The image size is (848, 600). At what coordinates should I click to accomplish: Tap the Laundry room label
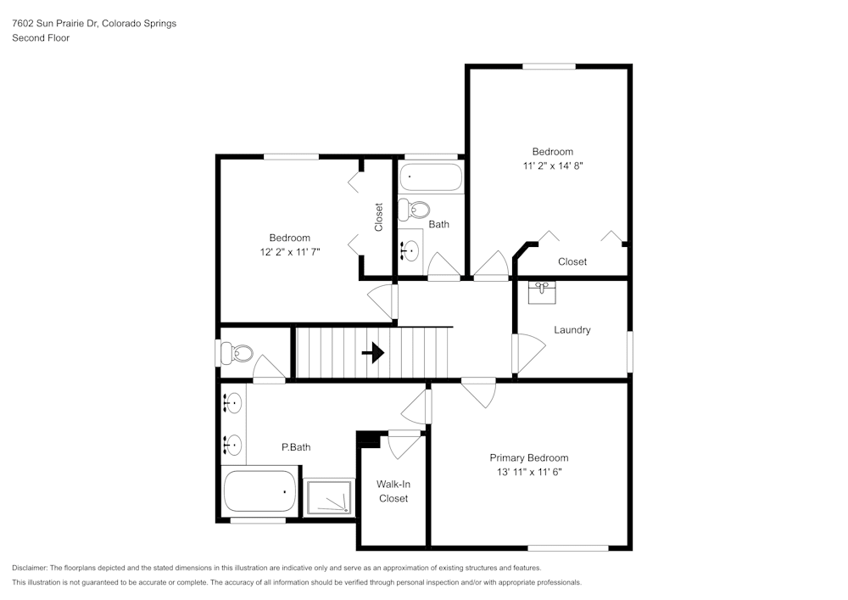click(x=572, y=330)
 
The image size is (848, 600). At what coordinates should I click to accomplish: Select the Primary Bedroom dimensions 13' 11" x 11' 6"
click(x=528, y=472)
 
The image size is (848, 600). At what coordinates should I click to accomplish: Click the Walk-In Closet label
click(x=393, y=491)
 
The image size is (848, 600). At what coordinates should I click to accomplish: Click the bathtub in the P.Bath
click(x=259, y=491)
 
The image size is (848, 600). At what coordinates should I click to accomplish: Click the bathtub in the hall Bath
click(x=432, y=177)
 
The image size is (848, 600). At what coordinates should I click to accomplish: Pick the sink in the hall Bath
click(x=411, y=250)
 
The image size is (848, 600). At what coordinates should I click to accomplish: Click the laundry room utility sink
click(x=542, y=292)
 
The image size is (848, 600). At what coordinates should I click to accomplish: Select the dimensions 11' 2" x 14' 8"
click(x=552, y=166)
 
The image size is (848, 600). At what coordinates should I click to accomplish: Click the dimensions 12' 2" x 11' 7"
click(x=289, y=251)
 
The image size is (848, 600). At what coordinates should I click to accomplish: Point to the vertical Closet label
click(x=378, y=216)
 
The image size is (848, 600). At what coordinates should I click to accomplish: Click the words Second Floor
click(x=41, y=38)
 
